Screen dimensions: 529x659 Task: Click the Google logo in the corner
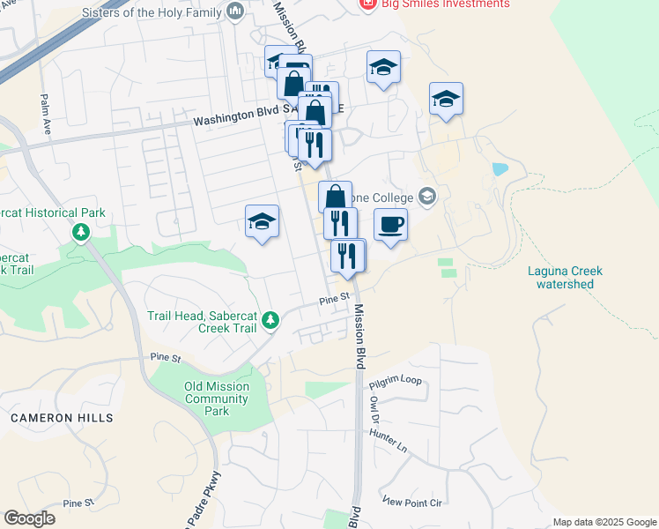click(30, 518)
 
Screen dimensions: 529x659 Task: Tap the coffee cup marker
click(390, 224)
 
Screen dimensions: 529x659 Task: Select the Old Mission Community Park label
click(217, 399)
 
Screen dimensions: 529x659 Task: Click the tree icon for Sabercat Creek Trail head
click(271, 320)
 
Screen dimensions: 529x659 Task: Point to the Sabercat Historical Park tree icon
click(81, 232)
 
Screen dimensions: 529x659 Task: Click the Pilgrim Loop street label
click(396, 381)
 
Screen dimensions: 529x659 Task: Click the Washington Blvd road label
click(233, 122)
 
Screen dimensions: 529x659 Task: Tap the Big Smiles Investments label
click(445, 4)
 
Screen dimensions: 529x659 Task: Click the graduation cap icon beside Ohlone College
click(429, 196)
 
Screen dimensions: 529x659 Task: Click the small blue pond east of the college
click(500, 168)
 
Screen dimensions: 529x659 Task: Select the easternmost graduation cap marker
click(447, 99)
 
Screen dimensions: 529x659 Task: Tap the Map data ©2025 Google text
click(604, 522)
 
